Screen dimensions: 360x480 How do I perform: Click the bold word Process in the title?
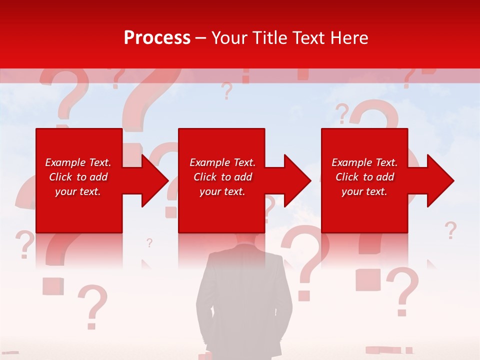[157, 38]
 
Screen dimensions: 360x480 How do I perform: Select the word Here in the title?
[350, 38]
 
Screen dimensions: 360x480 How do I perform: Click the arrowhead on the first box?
[155, 180]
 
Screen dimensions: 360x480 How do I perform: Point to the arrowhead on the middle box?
[297, 180]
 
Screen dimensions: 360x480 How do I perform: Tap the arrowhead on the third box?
[440, 180]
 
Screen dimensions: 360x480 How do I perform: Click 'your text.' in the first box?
[78, 191]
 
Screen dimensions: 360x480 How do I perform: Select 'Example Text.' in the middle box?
[222, 162]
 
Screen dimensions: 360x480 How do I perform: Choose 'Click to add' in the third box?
[364, 177]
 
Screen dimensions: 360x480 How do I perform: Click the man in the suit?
[244, 295]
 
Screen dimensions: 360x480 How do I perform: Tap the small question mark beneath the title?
[227, 91]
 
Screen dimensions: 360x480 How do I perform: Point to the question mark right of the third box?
[450, 230]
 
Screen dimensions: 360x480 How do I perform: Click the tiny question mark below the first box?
[149, 243]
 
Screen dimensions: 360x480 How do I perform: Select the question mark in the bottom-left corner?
[93, 306]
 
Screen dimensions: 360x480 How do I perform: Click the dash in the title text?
[200, 38]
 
